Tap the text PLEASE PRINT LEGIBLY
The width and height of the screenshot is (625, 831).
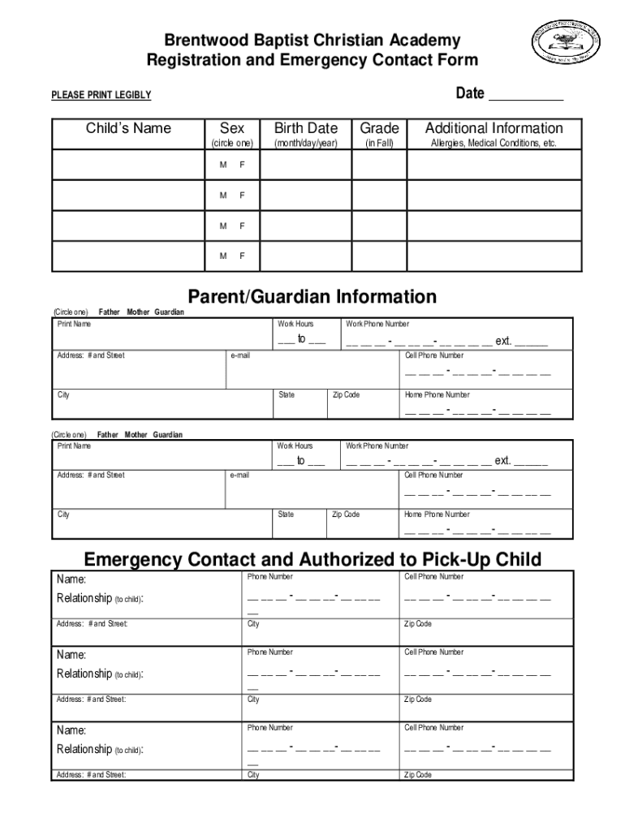point(101,96)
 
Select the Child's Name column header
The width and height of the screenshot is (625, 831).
point(129,128)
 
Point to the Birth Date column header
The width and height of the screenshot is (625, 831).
point(305,128)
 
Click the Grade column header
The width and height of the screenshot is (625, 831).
point(379,128)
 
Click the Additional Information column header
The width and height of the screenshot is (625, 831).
point(494,128)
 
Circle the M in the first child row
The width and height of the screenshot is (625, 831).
point(222,166)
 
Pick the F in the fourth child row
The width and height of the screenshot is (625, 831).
point(241,256)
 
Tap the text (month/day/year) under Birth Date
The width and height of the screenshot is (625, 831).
point(305,144)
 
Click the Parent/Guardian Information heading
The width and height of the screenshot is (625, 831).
point(312,296)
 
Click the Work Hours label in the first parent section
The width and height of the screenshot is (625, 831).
point(295,324)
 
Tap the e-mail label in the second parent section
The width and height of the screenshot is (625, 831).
point(239,475)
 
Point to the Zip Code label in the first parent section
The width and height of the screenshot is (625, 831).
point(346,395)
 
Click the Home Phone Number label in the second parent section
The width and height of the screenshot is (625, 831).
point(437,515)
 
